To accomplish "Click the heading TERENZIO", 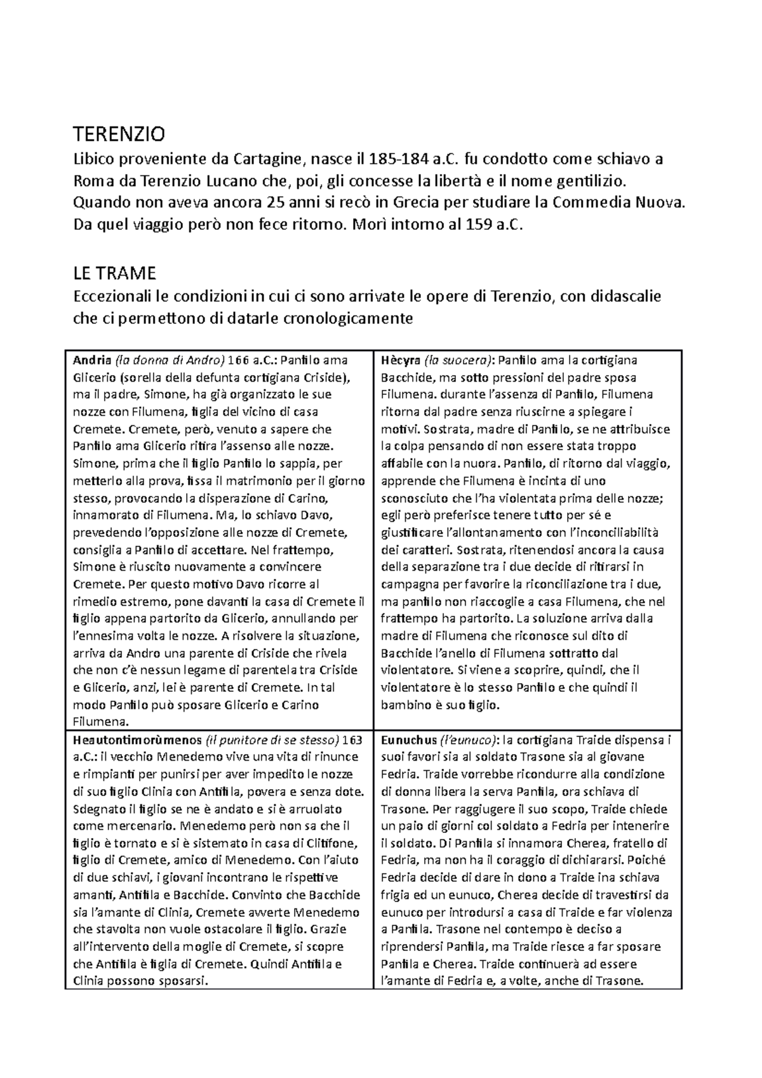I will (119, 135).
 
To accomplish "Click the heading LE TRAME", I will (114, 274).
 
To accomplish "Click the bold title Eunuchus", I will (406, 740).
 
